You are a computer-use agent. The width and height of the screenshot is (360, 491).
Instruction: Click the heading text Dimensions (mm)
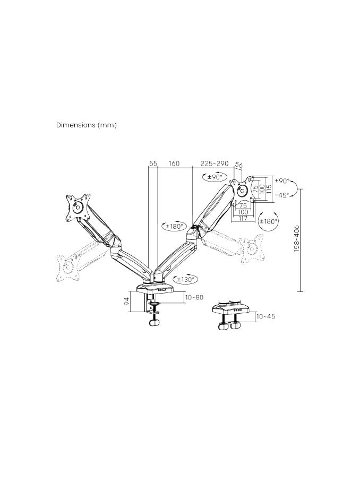point(86,125)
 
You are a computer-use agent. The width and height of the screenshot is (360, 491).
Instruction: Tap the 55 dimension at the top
point(153,163)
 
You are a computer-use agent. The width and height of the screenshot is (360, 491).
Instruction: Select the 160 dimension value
point(174,163)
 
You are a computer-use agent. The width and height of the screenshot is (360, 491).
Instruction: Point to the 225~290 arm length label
point(214,163)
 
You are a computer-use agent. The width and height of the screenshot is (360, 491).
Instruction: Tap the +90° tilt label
point(282,181)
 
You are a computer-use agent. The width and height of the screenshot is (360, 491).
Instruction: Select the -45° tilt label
point(282,195)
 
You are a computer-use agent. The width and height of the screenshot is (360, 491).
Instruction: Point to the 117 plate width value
point(243,218)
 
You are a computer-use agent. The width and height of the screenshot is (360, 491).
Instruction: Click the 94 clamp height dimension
point(127,302)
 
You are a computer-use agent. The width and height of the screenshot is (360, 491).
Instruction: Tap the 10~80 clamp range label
point(194,297)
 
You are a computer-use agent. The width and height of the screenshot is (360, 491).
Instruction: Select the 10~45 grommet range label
point(265,317)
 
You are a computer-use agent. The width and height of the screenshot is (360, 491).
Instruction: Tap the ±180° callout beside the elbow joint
point(174,227)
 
